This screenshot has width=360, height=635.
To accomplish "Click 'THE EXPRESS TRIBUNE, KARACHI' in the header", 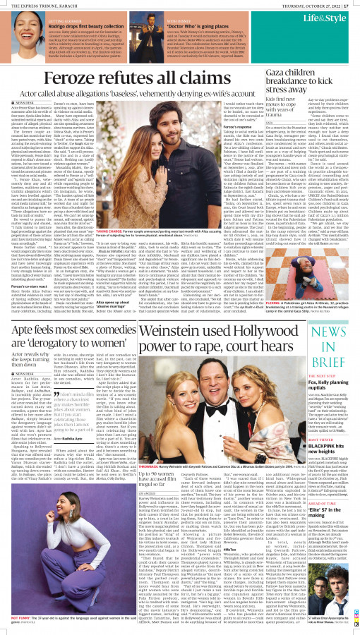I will point(32,4).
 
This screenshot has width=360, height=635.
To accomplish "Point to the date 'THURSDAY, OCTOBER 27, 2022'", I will point(311,4).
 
